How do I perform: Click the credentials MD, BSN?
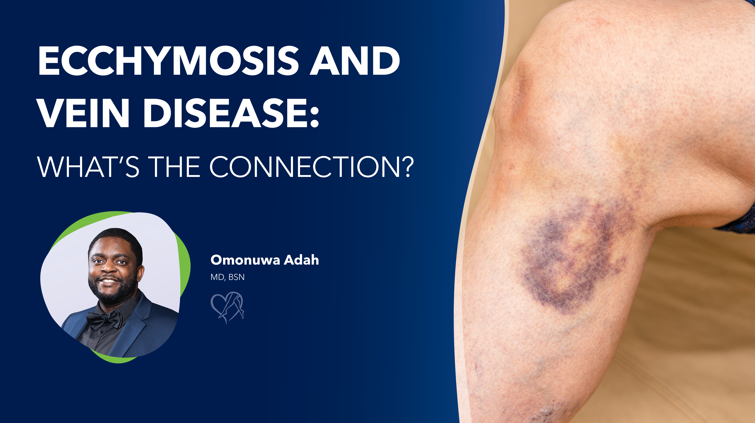point(227,277)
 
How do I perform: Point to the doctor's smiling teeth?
point(109,281)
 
